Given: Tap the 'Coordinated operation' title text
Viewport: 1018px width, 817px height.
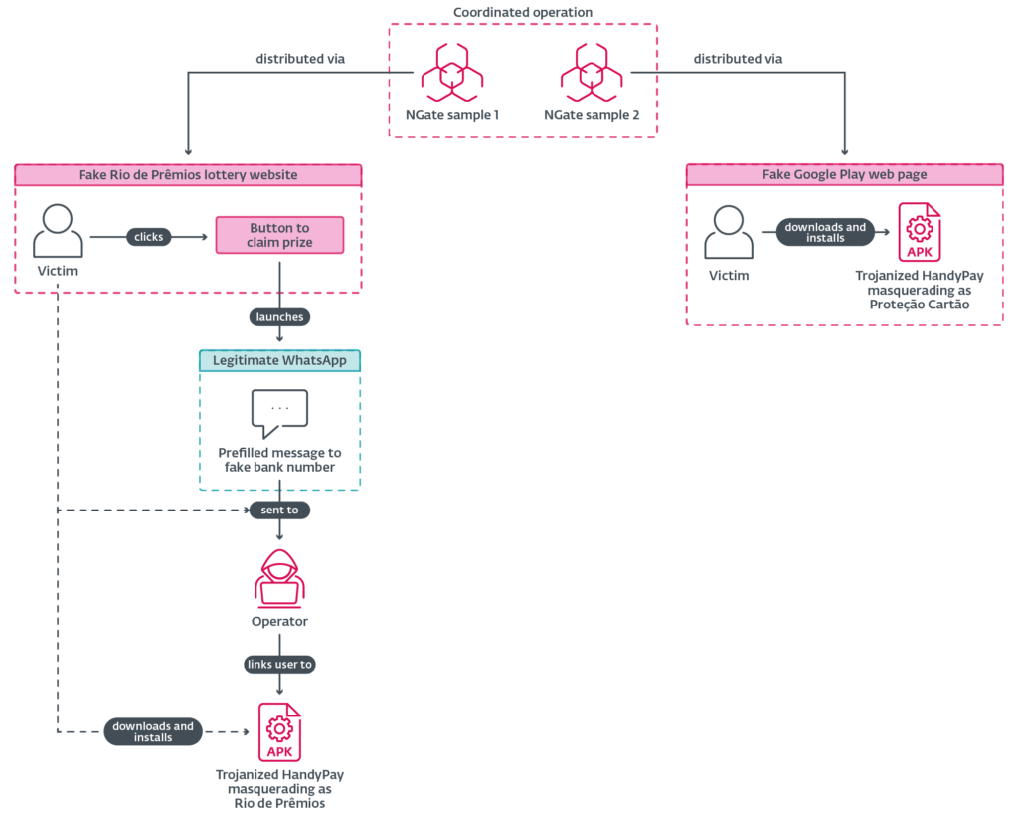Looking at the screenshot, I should point(522,12).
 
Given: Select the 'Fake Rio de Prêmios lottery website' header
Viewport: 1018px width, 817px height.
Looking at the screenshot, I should point(188,175).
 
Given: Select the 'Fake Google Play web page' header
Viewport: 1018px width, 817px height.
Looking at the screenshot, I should point(844,175).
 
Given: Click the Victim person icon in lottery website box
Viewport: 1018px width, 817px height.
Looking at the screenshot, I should point(58,231).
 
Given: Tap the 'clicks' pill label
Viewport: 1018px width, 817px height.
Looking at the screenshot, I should point(149,237).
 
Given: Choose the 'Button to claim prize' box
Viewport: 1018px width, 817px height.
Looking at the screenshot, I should point(279,235).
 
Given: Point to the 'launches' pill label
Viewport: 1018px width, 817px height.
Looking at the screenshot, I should point(279,317).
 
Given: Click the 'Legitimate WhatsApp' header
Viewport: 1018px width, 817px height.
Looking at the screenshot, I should point(279,360).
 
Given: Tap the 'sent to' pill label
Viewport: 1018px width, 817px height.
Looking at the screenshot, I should point(279,510).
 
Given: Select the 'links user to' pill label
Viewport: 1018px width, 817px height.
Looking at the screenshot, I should point(279,664).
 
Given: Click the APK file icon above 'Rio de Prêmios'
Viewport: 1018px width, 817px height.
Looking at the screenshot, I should point(279,731).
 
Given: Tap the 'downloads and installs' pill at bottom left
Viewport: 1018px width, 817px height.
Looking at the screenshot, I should point(154,731).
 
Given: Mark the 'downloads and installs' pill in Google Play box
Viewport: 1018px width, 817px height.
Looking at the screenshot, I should point(825,232).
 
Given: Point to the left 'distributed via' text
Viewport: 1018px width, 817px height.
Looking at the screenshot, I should point(300,59).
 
